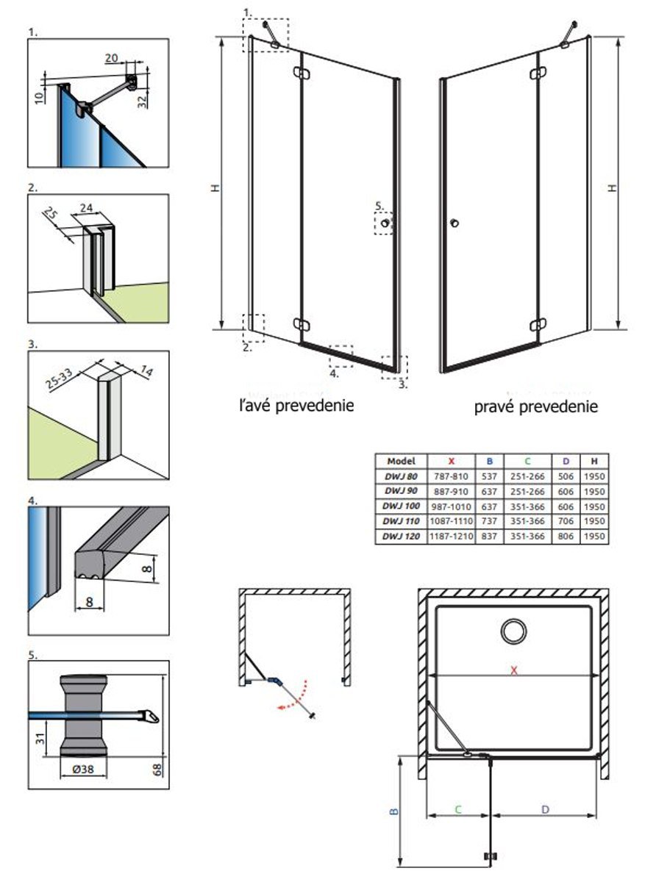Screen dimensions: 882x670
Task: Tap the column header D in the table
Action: [x=566, y=461]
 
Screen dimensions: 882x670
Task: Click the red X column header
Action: [x=452, y=461]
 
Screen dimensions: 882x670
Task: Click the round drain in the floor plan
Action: [x=514, y=631]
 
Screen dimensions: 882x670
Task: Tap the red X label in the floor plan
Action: [x=515, y=671]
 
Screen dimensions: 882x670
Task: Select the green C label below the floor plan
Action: [x=457, y=809]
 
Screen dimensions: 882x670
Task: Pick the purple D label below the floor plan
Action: [x=545, y=809]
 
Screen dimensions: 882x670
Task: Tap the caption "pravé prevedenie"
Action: [x=535, y=406]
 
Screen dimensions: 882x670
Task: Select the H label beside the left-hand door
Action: [x=215, y=188]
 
